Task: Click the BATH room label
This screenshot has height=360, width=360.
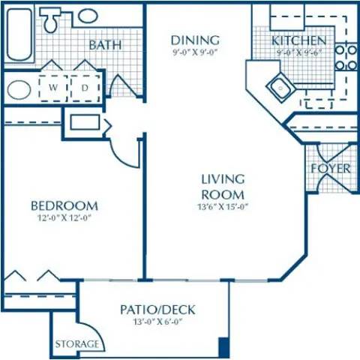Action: tap(106, 45)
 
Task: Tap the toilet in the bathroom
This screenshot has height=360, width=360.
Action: tap(52, 20)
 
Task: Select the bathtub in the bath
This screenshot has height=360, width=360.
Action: tap(18, 34)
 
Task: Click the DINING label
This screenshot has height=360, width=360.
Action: tap(194, 40)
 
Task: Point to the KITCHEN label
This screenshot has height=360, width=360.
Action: tap(298, 40)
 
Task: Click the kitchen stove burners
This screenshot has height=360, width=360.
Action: tap(345, 58)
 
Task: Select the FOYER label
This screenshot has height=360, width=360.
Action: tap(331, 169)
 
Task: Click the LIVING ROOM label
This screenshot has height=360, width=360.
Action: tap(223, 185)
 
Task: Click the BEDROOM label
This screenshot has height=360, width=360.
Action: tap(64, 205)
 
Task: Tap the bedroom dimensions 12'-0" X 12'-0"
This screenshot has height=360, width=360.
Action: tap(64, 219)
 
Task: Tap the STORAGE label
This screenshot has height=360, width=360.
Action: tap(77, 344)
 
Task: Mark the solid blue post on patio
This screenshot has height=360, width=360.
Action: tap(223, 347)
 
